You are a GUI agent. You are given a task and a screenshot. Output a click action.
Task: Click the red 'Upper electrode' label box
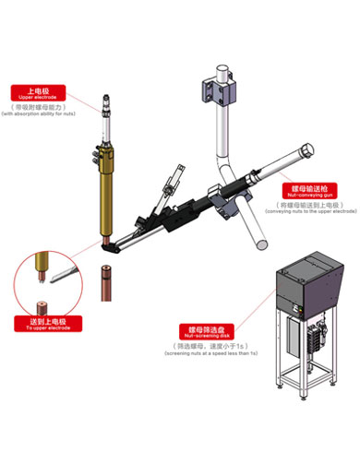click(x=35, y=92)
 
